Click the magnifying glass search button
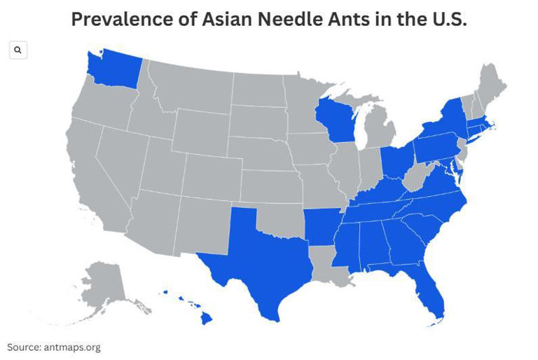click(18, 50)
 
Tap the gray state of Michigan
click(381, 130)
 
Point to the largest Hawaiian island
click(207, 318)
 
